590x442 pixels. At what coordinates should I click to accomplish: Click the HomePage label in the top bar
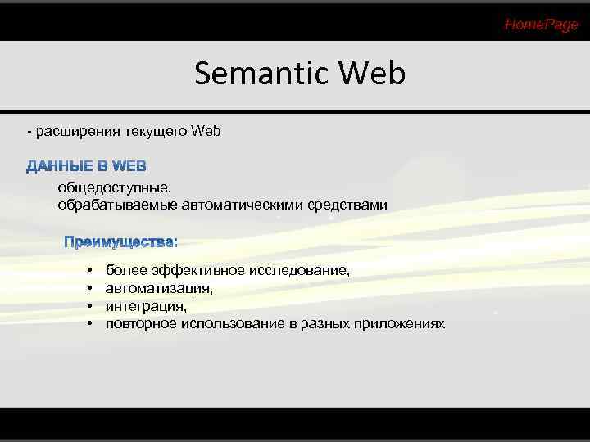coord(541,25)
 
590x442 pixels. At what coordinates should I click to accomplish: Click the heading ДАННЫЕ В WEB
coord(86,167)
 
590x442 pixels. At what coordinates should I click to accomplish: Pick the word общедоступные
coord(102,188)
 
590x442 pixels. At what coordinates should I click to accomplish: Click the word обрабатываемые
coord(105,204)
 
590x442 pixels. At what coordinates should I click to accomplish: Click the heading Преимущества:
coord(121,242)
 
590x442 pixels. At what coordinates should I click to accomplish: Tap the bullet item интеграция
coord(146,306)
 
